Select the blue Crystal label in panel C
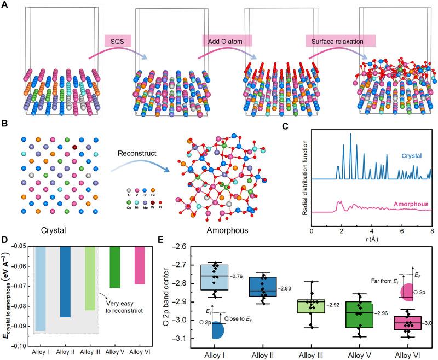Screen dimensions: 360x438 (407, 156)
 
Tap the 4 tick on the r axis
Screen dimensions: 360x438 (371, 231)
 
